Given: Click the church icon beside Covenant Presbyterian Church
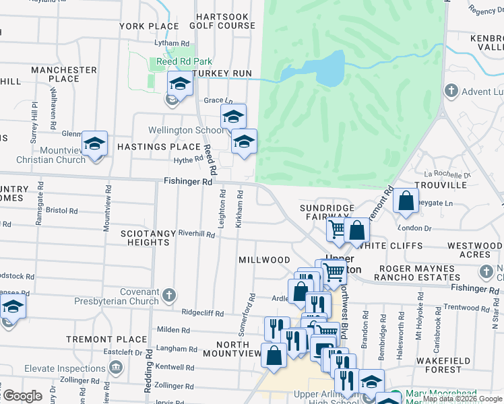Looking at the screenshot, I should (x=169, y=294).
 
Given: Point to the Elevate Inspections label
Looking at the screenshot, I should (x=65, y=368).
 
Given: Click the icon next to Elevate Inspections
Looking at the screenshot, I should (x=115, y=368).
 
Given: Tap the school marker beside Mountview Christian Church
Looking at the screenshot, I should (x=94, y=144).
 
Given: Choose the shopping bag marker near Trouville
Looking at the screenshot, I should (x=406, y=201).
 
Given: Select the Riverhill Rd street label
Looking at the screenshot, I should (x=196, y=234).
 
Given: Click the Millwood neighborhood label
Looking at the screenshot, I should (x=265, y=260).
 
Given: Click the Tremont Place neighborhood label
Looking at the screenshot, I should (x=107, y=339).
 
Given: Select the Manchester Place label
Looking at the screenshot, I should (x=64, y=74).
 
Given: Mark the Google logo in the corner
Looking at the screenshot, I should (x=22, y=396).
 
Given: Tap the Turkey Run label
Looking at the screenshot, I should (x=222, y=73).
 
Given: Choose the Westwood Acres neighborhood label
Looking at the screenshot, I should (x=474, y=250).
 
